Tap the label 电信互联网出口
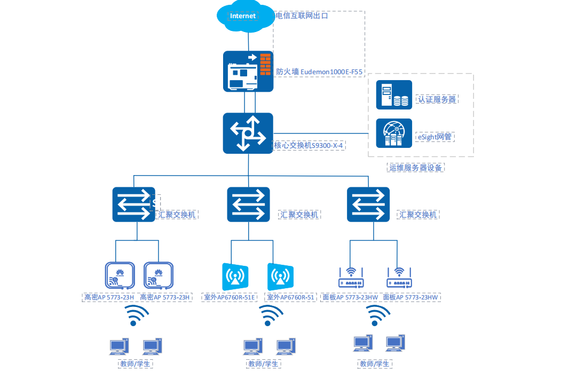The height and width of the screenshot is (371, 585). tap(302, 16)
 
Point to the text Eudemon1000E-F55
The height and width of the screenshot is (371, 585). tap(331, 72)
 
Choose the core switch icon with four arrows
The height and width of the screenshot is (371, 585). tap(248, 133)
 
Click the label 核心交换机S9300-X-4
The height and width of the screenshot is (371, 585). tap(308, 145)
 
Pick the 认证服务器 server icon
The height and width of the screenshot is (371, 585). tap(394, 94)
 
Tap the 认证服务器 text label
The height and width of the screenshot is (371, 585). tap(437, 99)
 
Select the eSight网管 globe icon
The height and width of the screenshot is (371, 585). tap(394, 133)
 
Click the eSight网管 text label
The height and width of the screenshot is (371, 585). tap(434, 137)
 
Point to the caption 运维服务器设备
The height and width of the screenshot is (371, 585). tap(416, 168)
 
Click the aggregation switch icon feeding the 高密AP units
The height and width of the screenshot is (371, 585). tap(133, 204)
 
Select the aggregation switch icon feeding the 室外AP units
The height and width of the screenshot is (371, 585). tap(248, 204)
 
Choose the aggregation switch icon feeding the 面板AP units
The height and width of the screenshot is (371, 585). tap(368, 204)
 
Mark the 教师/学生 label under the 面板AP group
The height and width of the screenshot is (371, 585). tap(374, 364)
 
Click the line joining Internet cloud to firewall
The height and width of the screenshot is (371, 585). tap(248, 41)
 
